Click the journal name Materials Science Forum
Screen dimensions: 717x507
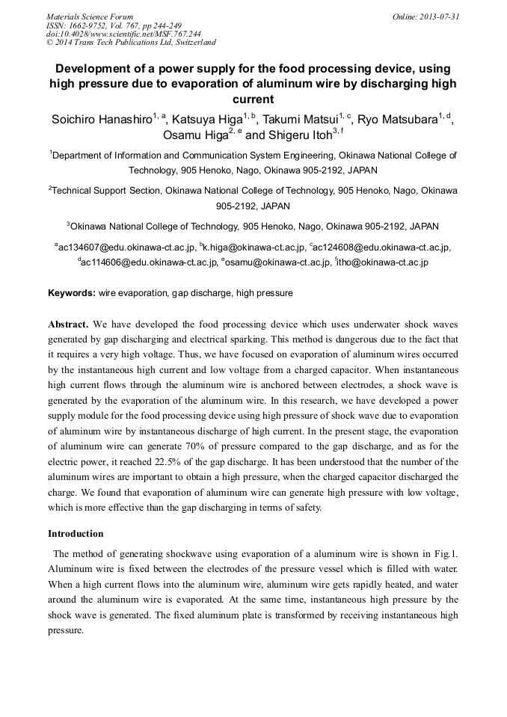coord(90,16)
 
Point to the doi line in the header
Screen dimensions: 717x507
coord(123,34)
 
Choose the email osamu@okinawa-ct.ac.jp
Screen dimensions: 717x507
coord(277,262)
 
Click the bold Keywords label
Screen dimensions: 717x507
coord(72,293)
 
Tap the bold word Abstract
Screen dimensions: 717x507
coord(68,324)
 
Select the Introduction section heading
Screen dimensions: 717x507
coord(76,534)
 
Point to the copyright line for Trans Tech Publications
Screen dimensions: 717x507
coord(131,43)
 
